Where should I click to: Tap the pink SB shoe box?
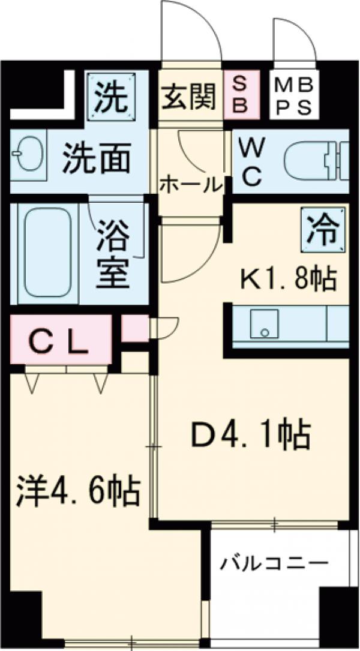click(241, 95)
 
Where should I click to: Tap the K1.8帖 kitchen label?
click(287, 278)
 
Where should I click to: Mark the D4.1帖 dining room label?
click(250, 436)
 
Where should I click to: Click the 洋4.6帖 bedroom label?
click(78, 491)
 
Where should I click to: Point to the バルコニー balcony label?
click(274, 564)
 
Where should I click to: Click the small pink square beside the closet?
click(135, 328)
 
